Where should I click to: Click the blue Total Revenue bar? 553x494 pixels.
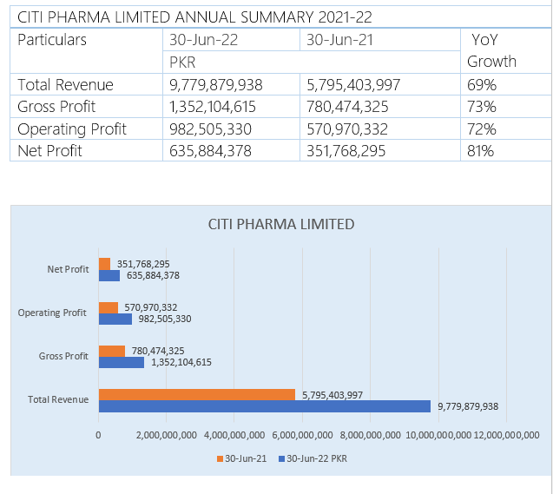click(264, 405)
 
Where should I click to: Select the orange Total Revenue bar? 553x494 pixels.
click(197, 394)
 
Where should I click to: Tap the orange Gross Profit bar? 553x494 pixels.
click(112, 351)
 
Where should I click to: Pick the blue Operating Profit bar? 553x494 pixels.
click(115, 319)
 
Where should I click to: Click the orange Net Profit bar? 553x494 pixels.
click(104, 264)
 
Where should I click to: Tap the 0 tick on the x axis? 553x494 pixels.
click(98, 435)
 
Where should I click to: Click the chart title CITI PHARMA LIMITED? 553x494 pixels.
click(281, 224)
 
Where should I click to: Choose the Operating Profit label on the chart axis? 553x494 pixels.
click(52, 313)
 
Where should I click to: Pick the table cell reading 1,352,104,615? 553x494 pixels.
click(216, 107)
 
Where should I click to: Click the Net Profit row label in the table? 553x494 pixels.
click(50, 151)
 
